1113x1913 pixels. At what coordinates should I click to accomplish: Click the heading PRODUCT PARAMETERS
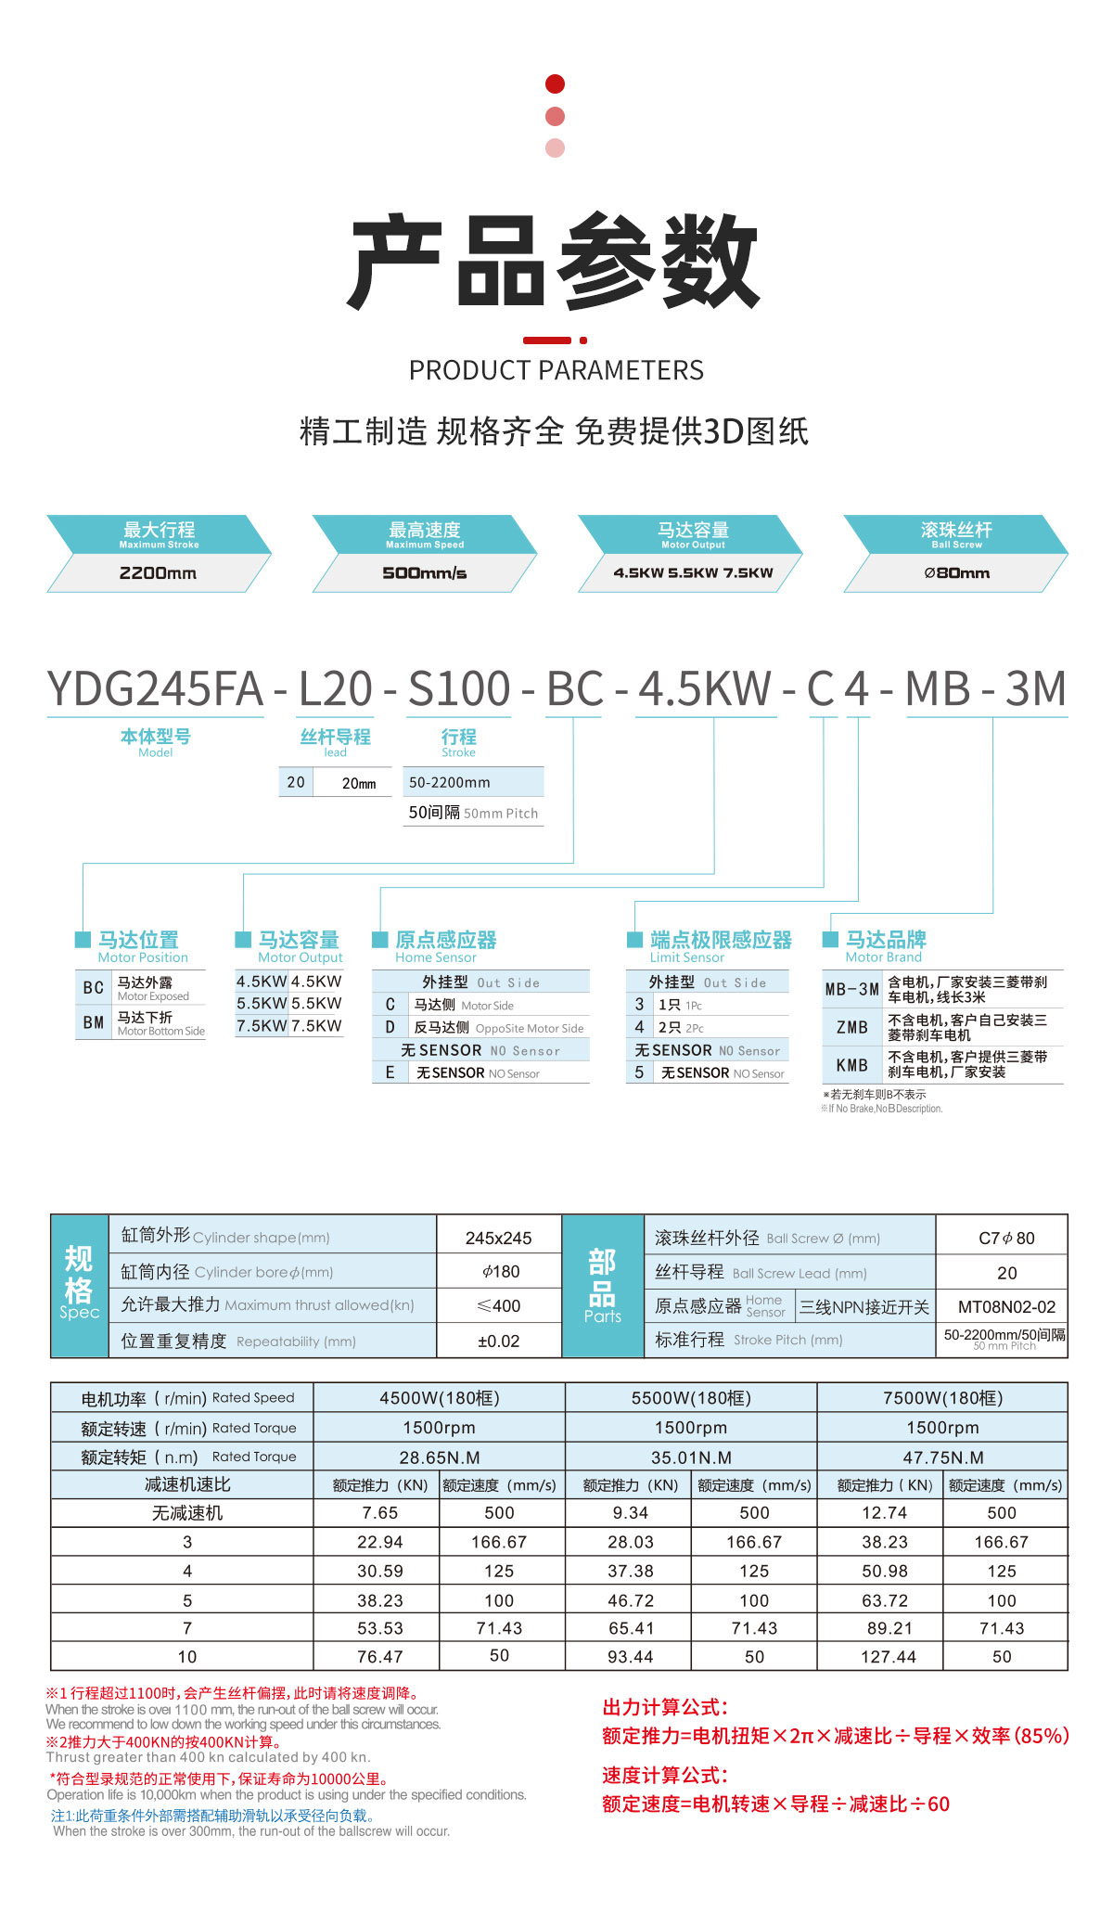click(556, 370)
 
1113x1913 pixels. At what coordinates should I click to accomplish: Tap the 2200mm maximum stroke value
click(158, 572)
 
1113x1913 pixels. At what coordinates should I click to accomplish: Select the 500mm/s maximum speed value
click(425, 572)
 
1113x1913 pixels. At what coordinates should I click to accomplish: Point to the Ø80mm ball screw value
click(956, 572)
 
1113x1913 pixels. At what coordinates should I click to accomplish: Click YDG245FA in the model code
click(155, 689)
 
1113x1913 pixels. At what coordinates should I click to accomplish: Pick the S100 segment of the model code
click(459, 689)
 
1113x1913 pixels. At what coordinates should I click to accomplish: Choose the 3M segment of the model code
click(1036, 689)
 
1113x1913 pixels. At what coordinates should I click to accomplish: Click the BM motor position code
click(93, 1022)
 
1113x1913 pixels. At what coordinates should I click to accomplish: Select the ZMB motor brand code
click(851, 1027)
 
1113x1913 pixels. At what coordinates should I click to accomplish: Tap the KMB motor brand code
click(851, 1065)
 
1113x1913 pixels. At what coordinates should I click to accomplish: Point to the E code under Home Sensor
click(390, 1072)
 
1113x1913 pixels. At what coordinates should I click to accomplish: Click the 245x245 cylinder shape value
click(498, 1239)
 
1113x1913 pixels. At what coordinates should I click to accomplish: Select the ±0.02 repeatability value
click(498, 1341)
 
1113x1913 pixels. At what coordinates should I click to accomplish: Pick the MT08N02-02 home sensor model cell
click(1006, 1307)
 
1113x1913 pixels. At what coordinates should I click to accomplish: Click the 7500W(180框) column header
click(942, 1398)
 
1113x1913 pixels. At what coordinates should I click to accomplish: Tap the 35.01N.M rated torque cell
click(691, 1457)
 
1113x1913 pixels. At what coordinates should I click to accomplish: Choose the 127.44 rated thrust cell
click(888, 1657)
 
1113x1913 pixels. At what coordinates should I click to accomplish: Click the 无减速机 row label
click(187, 1513)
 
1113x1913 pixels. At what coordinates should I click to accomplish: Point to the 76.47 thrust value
click(380, 1657)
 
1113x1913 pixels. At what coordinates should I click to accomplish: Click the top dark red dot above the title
click(556, 84)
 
